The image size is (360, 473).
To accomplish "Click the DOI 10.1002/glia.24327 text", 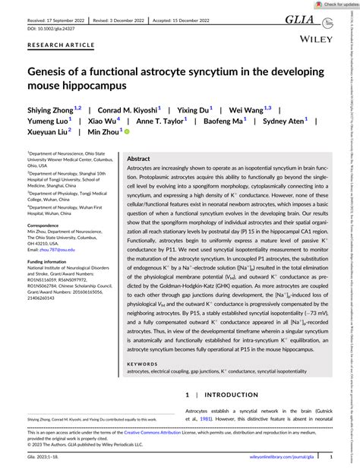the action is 50,29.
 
